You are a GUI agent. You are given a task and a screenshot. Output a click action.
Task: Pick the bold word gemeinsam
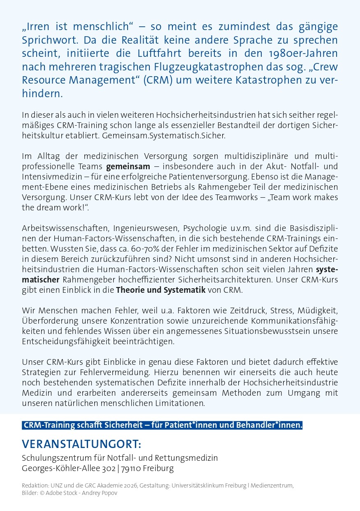[128, 167]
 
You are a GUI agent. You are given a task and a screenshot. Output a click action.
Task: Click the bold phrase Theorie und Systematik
[161, 289]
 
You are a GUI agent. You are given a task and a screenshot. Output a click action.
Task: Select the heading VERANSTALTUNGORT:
[81, 444]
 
